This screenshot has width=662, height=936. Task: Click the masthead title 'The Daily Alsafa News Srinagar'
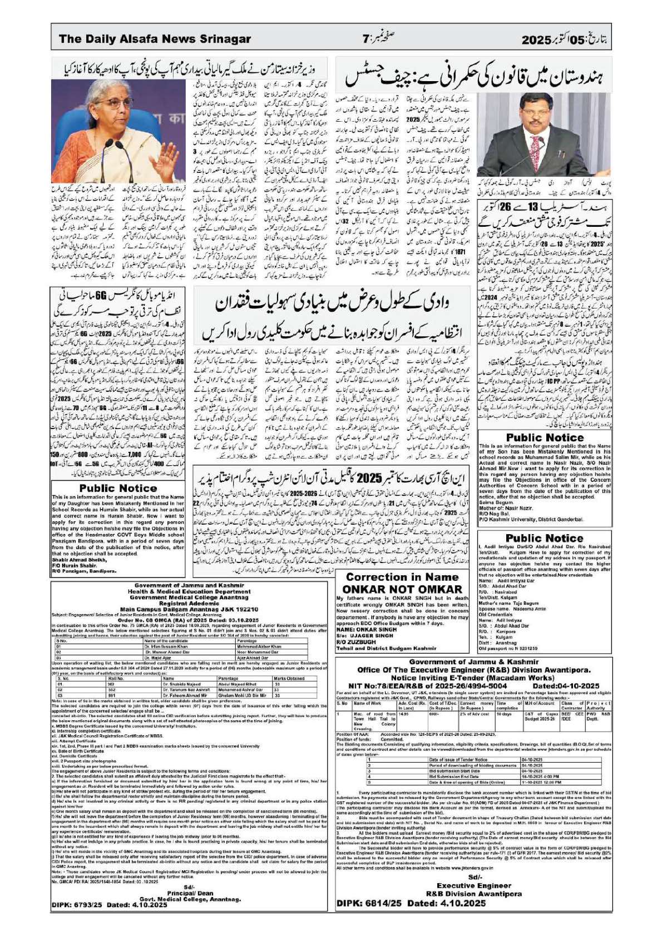155,39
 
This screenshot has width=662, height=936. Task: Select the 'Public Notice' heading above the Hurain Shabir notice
118,488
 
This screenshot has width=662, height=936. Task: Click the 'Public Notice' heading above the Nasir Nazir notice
545,437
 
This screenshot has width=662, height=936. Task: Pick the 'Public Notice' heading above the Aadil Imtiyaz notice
545,538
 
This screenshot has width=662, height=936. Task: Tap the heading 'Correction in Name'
403,577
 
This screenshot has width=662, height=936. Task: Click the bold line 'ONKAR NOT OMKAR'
402,589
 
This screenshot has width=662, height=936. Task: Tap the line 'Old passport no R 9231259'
508,648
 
